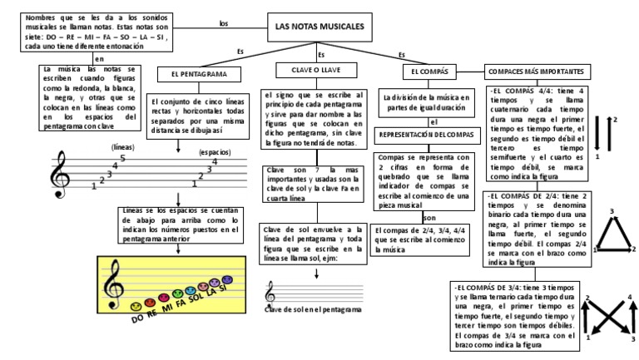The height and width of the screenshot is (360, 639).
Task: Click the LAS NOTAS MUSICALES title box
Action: point(319,27)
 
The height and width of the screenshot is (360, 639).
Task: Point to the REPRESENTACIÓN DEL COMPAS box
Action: point(426,135)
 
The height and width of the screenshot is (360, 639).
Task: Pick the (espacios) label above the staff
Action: point(215,152)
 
